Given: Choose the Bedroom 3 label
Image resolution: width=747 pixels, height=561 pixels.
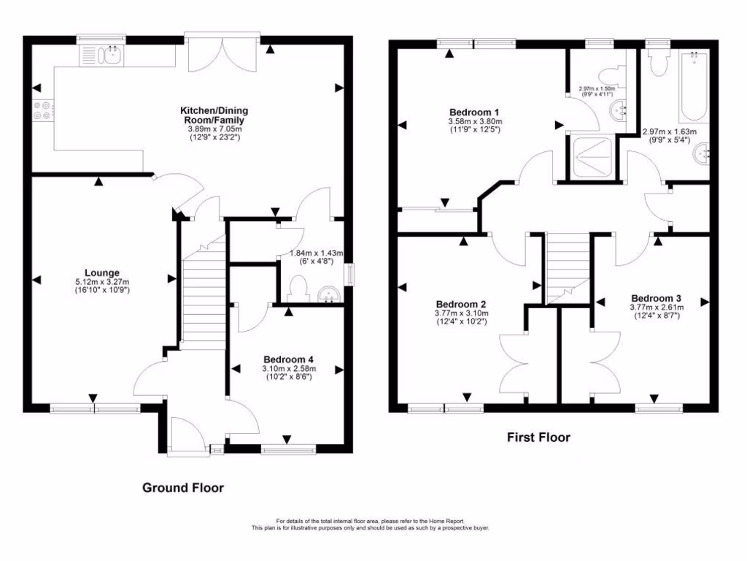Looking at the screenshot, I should (656, 298).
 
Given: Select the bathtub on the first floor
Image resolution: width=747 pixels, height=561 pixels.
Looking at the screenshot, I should (693, 86).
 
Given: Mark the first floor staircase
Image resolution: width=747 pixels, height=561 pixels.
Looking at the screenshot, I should (567, 267).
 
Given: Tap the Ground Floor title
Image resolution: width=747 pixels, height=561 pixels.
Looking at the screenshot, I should (182, 488).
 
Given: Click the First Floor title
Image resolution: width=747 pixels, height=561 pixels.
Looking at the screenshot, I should (538, 438).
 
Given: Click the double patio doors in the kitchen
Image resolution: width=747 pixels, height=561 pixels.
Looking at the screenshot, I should (223, 53).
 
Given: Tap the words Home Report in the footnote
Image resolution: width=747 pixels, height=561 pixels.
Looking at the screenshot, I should (453, 521).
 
